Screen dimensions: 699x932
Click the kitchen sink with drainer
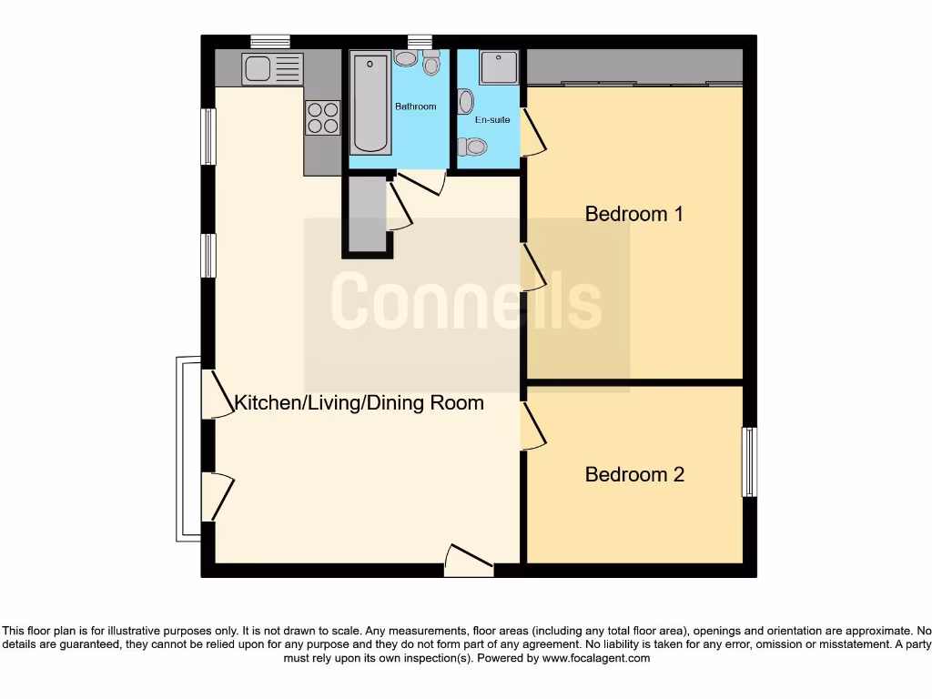(272, 68)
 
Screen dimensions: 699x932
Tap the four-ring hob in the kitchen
(322, 116)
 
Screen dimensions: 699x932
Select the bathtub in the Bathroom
(370, 103)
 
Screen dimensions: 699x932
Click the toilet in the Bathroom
(431, 62)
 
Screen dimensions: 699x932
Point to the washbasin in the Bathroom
(406, 58)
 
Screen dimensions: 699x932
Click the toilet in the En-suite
(472, 147)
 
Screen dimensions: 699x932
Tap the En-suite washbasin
(465, 100)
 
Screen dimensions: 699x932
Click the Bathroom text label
(415, 106)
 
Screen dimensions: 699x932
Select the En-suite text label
(492, 119)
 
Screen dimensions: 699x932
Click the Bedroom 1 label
(633, 214)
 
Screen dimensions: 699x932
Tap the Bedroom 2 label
(634, 474)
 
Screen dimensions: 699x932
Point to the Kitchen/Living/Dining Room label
(360, 402)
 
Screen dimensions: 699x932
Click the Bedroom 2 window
(749, 461)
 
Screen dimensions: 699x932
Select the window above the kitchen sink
(270, 41)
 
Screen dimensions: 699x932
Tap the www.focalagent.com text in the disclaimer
(596, 658)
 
